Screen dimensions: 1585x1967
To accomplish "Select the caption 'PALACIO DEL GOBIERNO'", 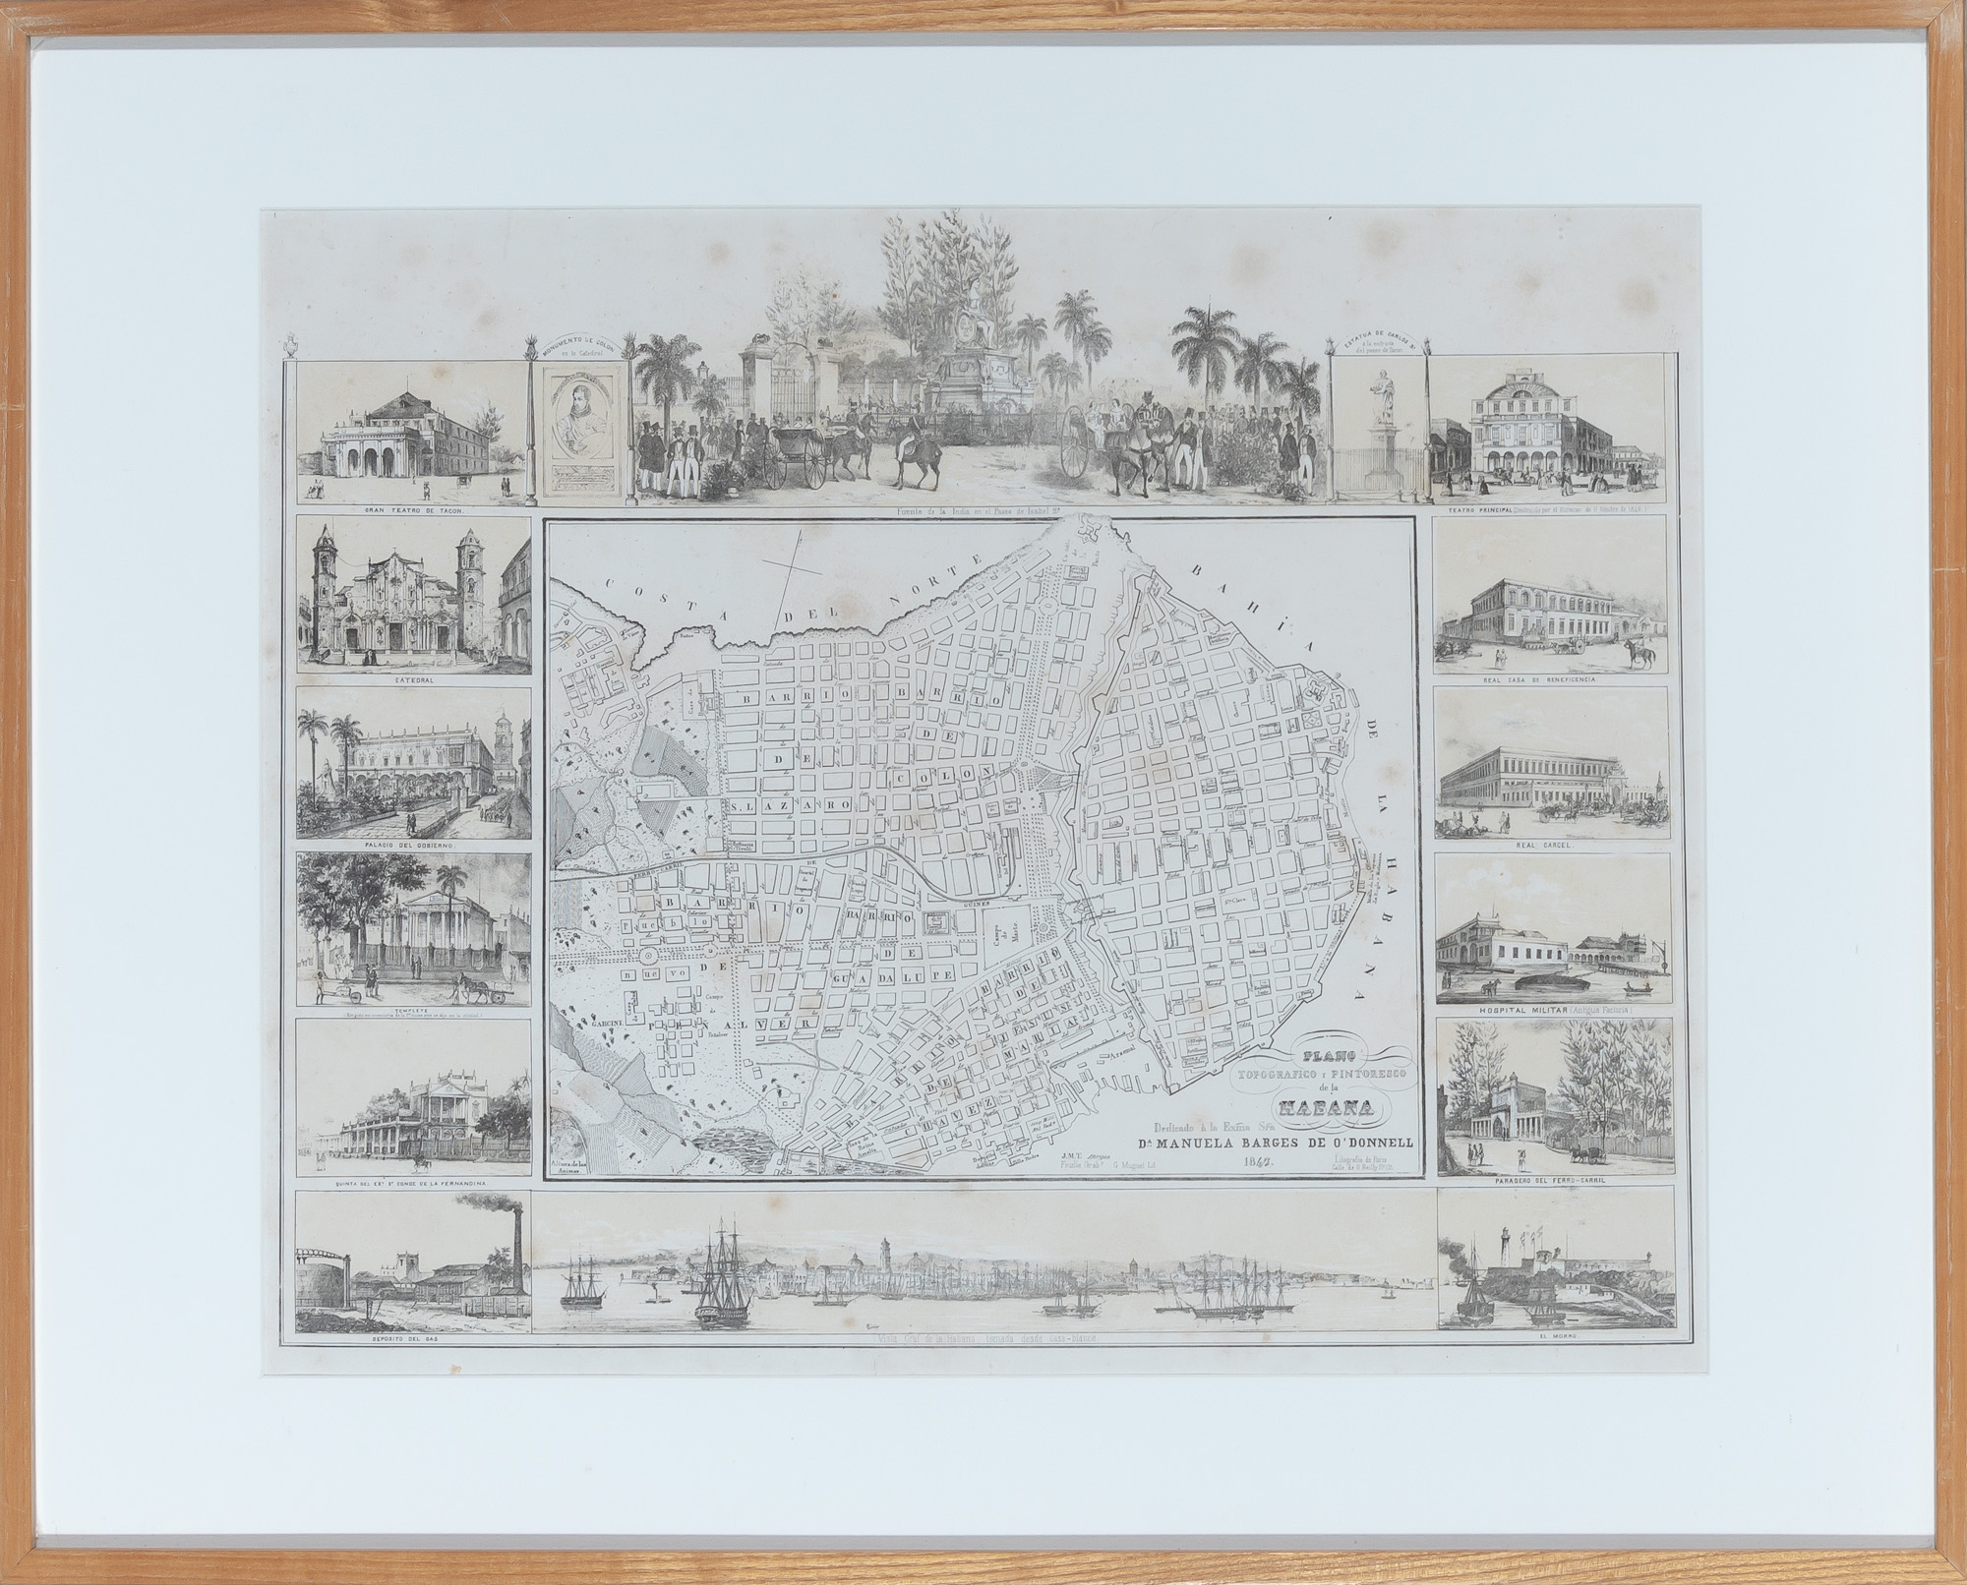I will [x=413, y=844].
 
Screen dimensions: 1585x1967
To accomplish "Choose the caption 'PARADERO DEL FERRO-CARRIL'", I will [x=1553, y=1185].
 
